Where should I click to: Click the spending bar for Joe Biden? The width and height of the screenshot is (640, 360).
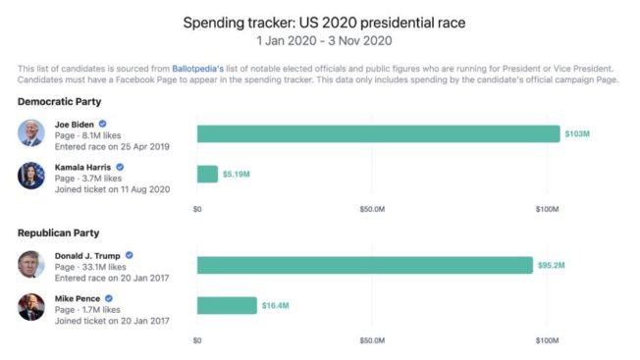378,133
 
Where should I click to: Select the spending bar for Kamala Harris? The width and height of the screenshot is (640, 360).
207,174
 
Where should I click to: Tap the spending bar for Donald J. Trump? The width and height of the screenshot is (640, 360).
364,265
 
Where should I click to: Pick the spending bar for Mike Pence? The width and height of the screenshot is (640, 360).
227,305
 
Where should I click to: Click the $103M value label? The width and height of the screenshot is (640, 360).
576,133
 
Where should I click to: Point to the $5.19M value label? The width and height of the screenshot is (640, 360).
238,174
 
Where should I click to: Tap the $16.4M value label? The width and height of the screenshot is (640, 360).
275,305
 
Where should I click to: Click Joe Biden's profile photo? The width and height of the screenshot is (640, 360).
31,133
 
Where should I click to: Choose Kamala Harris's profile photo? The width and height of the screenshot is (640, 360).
31,175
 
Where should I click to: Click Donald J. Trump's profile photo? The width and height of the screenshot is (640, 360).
31,265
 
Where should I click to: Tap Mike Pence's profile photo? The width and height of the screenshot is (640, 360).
31,306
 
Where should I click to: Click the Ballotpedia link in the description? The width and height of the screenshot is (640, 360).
198,68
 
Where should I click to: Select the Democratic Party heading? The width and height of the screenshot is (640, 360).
60,102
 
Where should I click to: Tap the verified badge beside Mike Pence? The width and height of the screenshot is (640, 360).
109,297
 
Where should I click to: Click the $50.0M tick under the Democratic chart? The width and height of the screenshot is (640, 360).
372,209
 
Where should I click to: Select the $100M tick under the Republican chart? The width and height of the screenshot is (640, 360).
547,340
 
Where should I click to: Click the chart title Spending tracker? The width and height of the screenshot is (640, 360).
319,21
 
